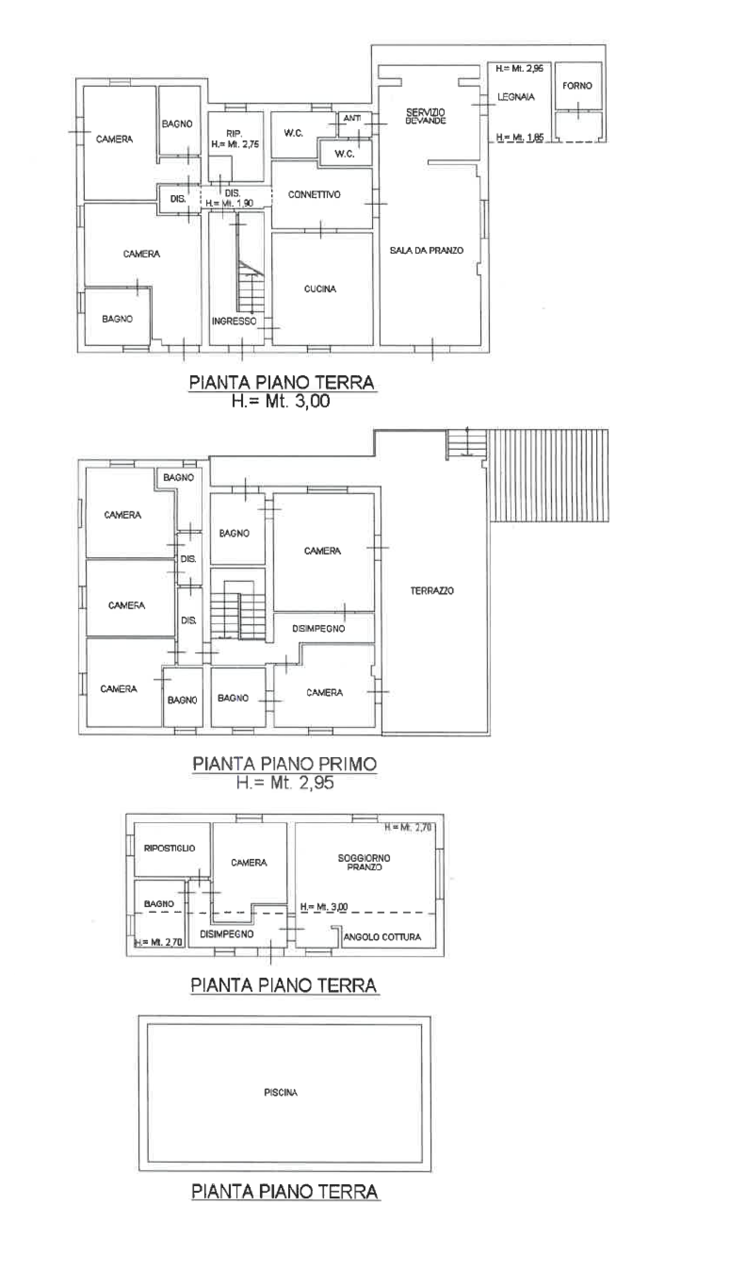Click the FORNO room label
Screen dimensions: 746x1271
[x=577, y=86]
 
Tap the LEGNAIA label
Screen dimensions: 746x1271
[x=516, y=97]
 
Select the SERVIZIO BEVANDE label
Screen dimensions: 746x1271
[x=426, y=117]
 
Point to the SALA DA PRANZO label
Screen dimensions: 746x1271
[x=427, y=250]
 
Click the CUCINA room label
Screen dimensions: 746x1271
[x=320, y=289]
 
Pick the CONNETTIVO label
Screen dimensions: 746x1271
[x=314, y=195]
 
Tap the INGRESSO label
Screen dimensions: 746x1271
[x=234, y=321]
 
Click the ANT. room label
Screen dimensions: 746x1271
[x=352, y=118]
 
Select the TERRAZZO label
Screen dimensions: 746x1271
[x=432, y=591]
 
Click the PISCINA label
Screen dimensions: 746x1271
[x=281, y=1092]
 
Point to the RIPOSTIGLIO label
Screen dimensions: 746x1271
[x=169, y=848]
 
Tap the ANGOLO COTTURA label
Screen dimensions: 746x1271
[x=382, y=936]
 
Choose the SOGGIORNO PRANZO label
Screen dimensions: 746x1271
[x=364, y=862]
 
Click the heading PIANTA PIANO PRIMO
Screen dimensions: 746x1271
[x=285, y=764]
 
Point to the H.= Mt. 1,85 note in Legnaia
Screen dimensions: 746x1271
[x=520, y=137]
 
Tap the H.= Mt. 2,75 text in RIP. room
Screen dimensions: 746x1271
[x=235, y=144]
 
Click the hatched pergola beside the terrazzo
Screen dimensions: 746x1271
[x=549, y=475]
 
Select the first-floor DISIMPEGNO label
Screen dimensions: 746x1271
[x=318, y=629]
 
